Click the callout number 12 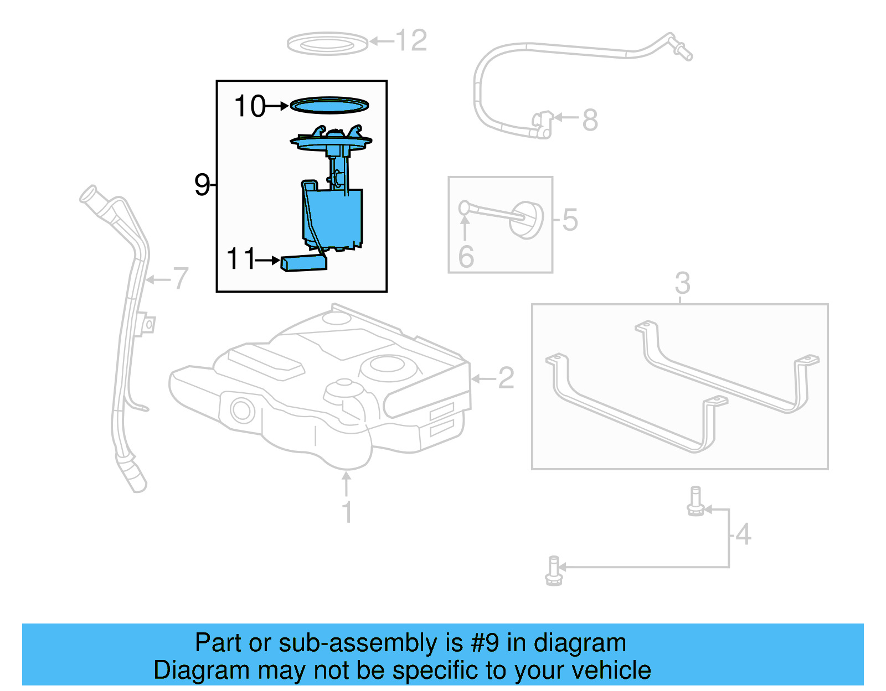(x=411, y=41)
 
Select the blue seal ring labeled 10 (x=330, y=104)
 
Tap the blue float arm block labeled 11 (x=303, y=263)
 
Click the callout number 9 (x=202, y=184)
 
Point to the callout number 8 (x=590, y=120)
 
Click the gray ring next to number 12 (x=327, y=44)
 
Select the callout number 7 (x=181, y=278)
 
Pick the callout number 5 (x=570, y=220)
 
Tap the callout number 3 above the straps (x=682, y=283)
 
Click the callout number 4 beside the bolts (x=743, y=534)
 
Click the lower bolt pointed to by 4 (x=554, y=570)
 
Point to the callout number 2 (x=506, y=378)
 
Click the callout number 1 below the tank (x=347, y=512)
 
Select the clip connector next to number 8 (x=543, y=124)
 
